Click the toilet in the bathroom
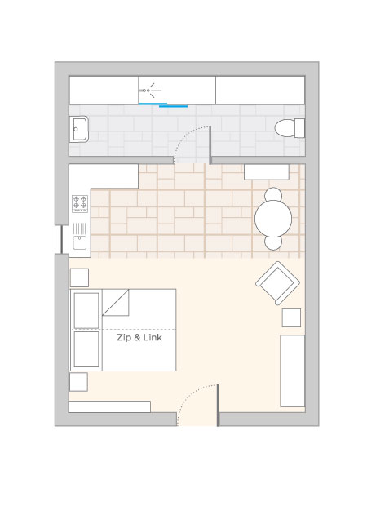click(290, 128)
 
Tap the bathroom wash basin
click(78, 130)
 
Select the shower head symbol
click(149, 91)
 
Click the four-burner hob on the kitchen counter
click(80, 204)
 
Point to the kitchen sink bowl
click(80, 242)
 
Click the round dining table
click(273, 219)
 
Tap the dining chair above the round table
click(273, 194)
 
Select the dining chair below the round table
click(273, 242)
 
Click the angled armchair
click(277, 283)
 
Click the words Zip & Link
click(139, 338)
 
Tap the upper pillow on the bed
click(86, 310)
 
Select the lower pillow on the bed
click(86, 349)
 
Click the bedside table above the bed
click(79, 277)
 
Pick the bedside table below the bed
click(78, 382)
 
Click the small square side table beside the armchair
click(291, 317)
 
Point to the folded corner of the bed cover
click(116, 302)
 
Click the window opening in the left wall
click(62, 239)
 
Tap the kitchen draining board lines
click(80, 229)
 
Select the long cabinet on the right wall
click(293, 371)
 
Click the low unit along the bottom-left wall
click(109, 406)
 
